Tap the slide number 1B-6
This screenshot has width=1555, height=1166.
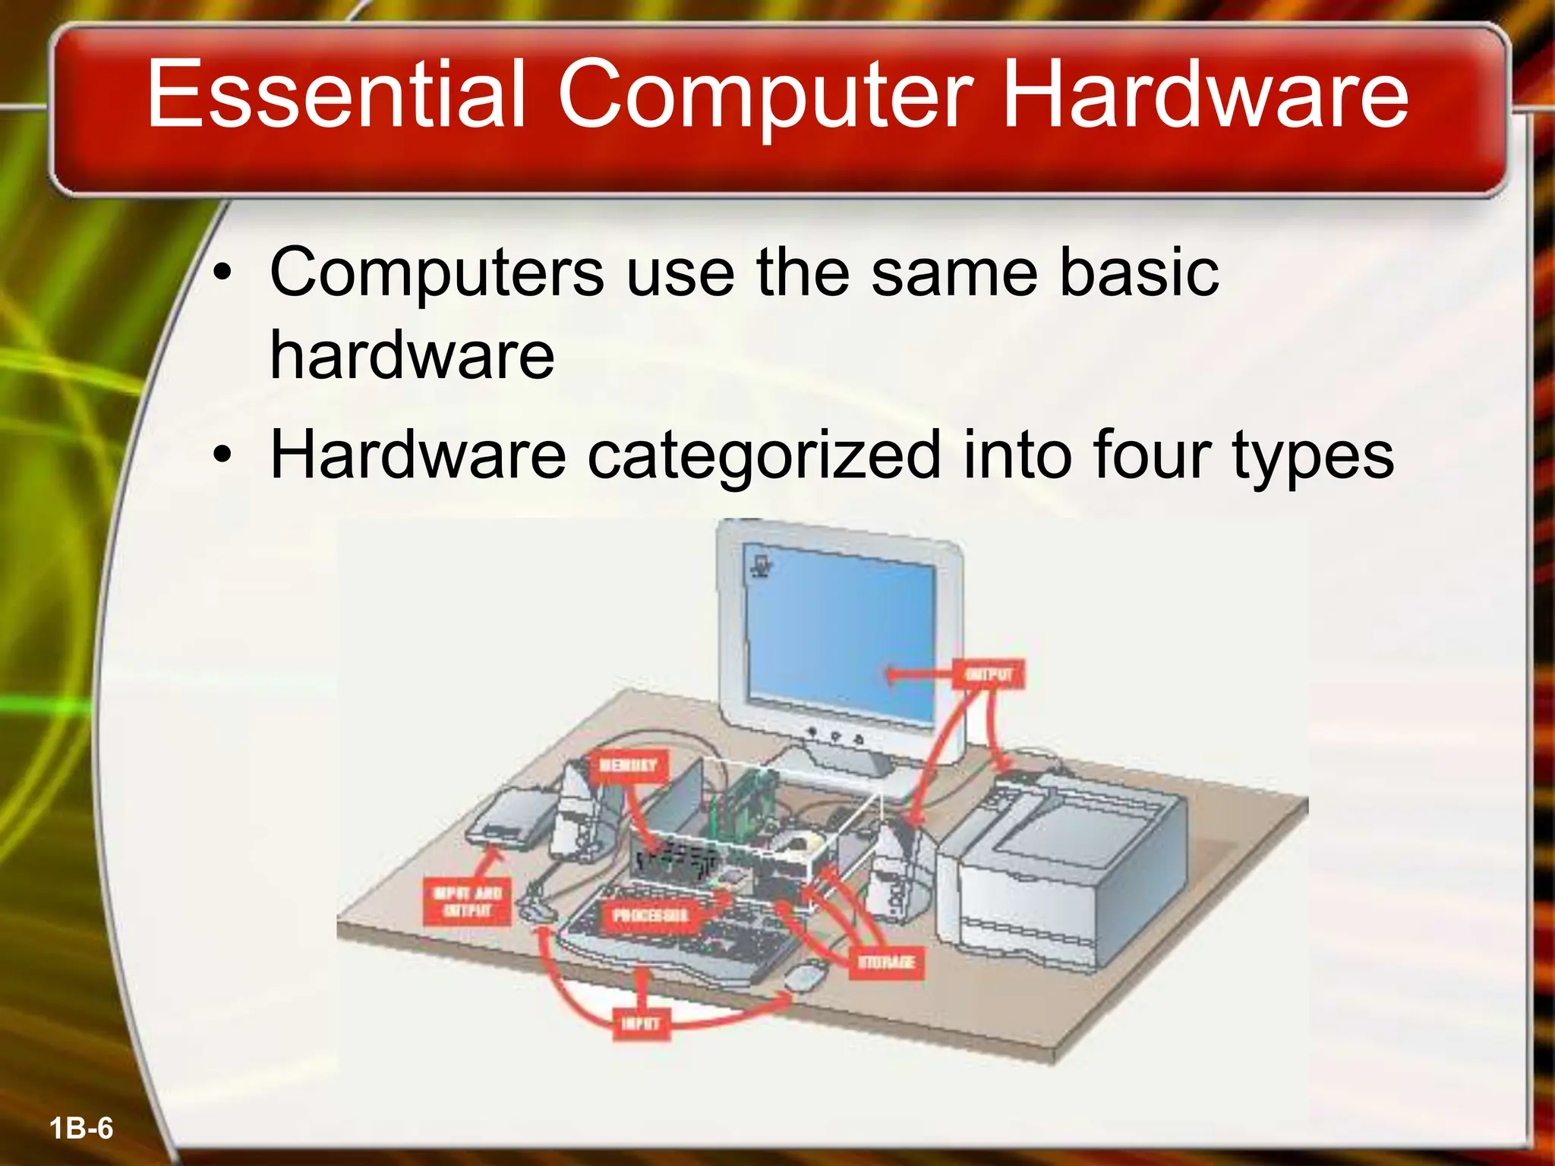[81, 1129]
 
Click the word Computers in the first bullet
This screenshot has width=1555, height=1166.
[437, 273]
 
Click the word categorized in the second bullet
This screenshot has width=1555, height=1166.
[764, 455]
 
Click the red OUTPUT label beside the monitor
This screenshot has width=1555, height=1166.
[989, 674]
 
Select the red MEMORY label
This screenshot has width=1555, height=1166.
[628, 765]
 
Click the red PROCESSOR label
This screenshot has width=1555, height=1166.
[650, 915]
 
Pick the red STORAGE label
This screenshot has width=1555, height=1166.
[886, 963]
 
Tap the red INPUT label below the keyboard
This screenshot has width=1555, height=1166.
[641, 1023]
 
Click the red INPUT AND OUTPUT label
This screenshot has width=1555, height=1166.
[467, 901]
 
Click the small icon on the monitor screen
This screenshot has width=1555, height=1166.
[760, 566]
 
